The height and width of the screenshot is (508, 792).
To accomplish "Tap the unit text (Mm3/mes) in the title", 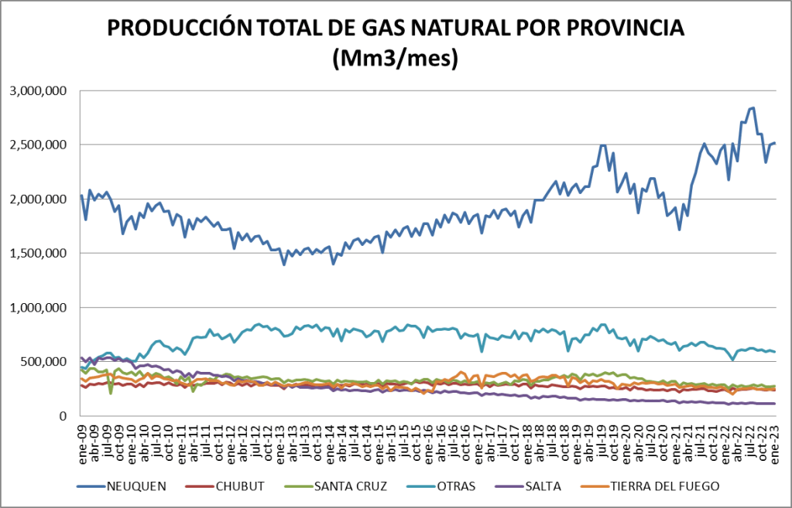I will click(395, 59).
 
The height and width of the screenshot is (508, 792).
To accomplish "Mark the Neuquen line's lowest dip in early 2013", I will click(284, 264).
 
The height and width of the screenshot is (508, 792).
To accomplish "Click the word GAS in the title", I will click(384, 29).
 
